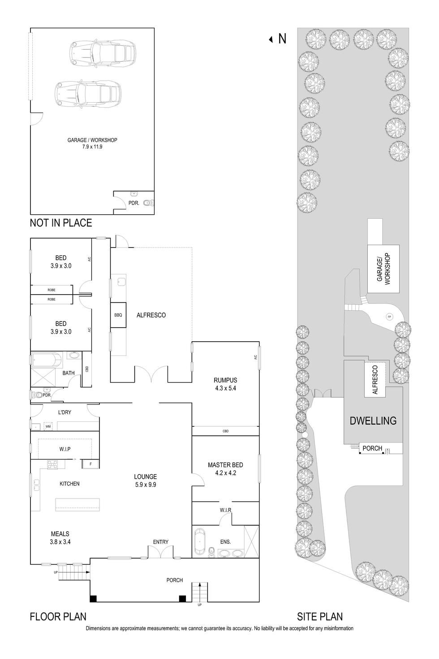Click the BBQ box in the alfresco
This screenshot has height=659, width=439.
click(118, 315)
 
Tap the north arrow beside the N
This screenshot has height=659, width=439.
click(271, 39)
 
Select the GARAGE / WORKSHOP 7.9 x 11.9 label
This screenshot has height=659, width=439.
click(92, 143)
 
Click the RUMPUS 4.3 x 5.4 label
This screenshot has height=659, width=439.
click(225, 384)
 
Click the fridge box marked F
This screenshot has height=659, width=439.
click(90, 464)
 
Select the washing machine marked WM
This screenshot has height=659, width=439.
click(48, 426)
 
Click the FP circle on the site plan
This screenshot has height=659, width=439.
click(389, 317)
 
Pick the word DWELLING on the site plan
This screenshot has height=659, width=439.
click(373, 421)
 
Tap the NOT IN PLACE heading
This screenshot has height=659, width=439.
click(60, 223)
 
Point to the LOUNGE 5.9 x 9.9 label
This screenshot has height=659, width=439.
click(145, 481)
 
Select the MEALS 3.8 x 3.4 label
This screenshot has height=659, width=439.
click(60, 538)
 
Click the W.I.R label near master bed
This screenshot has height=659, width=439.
click(225, 510)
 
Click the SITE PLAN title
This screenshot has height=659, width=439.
click(320, 617)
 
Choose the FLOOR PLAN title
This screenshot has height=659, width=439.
click(58, 617)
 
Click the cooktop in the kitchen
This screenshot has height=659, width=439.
click(53, 464)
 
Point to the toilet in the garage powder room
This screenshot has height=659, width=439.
click(151, 203)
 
